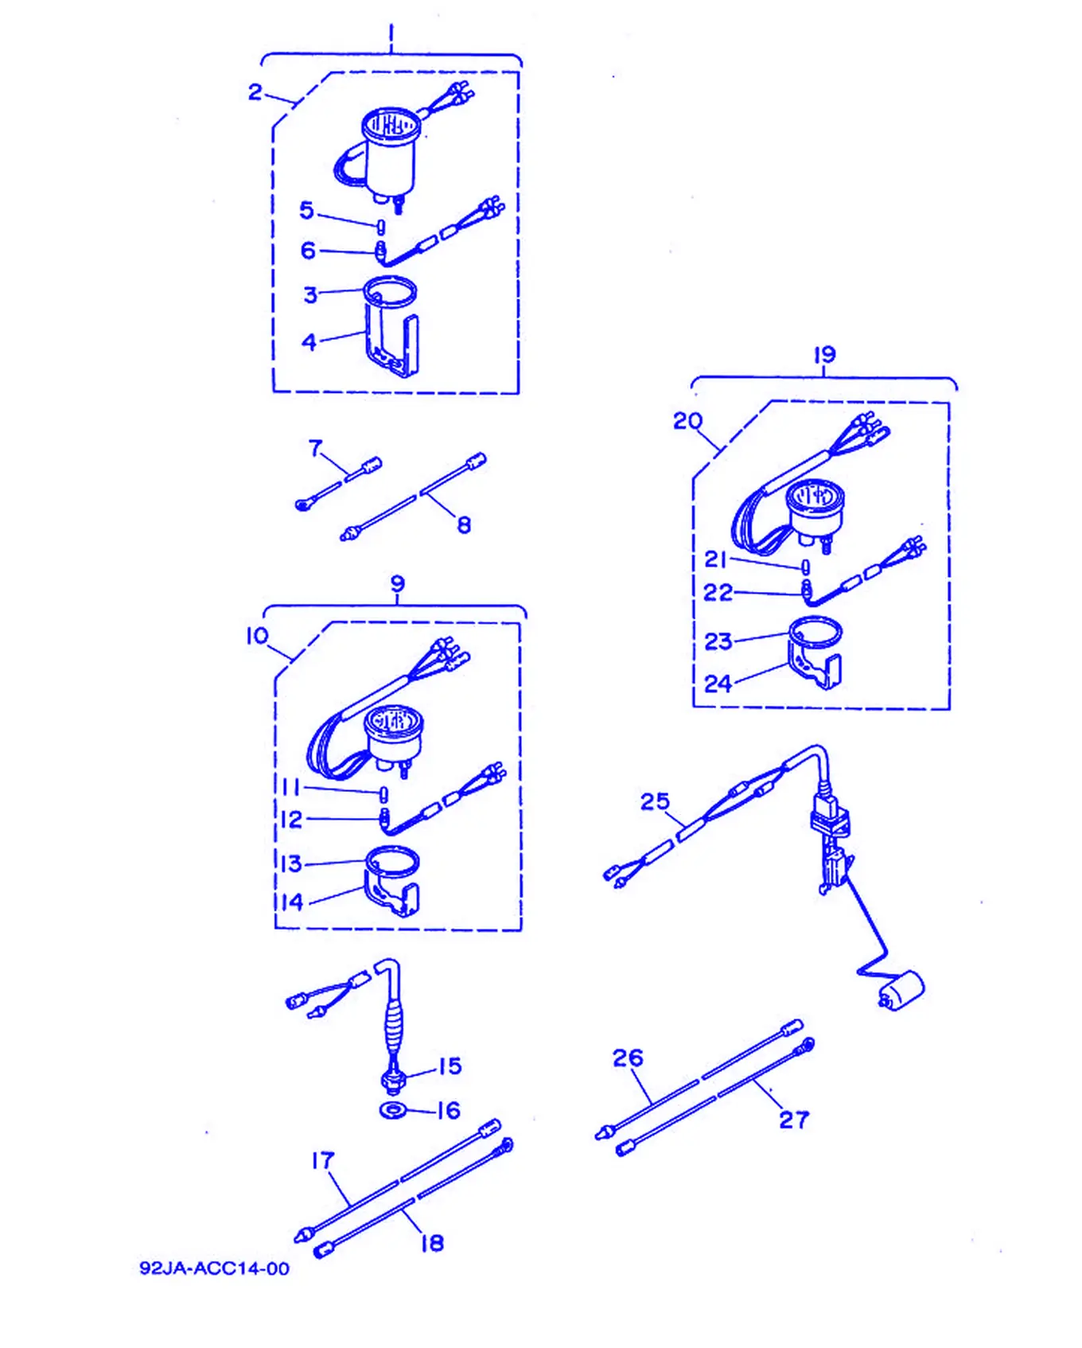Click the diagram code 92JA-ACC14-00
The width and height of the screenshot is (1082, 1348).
click(214, 1268)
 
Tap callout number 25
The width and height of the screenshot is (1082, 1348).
click(655, 801)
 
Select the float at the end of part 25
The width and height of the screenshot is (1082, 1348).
click(901, 991)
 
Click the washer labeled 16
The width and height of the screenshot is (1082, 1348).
click(392, 1110)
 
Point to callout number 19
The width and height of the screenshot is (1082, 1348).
click(824, 354)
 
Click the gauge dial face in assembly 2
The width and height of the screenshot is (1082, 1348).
click(391, 125)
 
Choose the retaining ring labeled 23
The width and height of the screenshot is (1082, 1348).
click(814, 631)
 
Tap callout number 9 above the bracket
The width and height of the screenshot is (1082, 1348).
click(398, 584)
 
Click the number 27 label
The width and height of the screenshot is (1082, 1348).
click(793, 1120)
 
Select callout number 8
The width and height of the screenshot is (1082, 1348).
click(464, 524)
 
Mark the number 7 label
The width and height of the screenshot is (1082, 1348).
click(316, 449)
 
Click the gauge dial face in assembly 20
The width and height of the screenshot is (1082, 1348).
click(814, 497)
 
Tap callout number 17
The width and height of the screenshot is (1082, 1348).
click(322, 1161)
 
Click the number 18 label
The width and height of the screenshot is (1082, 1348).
click(432, 1243)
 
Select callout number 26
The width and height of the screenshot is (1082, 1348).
click(628, 1058)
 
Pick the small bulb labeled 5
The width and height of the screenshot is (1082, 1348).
click(381, 226)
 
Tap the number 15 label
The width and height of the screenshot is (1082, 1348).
click(450, 1066)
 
